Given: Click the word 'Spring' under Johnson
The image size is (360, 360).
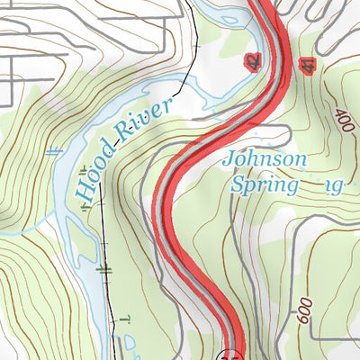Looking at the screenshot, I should click(264, 186).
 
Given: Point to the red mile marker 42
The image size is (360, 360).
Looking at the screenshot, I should click(253, 61).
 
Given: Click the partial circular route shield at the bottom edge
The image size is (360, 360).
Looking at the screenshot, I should click(234, 355).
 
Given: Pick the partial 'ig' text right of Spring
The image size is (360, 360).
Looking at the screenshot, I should click(335, 187).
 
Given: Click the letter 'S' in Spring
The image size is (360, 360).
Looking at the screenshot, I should click(238, 185).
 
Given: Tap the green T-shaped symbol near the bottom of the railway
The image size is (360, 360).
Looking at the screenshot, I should click(125, 318).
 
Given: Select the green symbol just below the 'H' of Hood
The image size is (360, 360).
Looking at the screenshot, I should click(86, 207).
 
